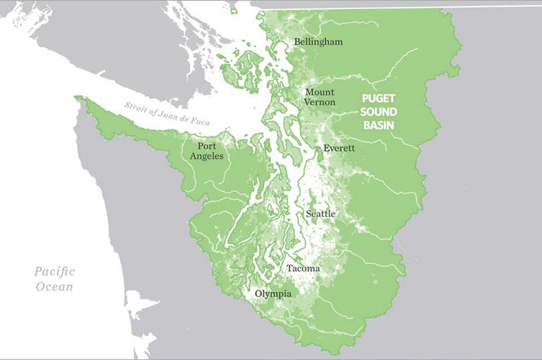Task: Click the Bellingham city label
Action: (318, 41)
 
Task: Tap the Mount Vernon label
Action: (320, 96)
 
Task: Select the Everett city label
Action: (339, 148)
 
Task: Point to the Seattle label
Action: (321, 214)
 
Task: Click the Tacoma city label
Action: (303, 268)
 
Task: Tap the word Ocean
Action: (56, 288)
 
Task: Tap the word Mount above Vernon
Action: (320, 92)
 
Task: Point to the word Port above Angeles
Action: (206, 146)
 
